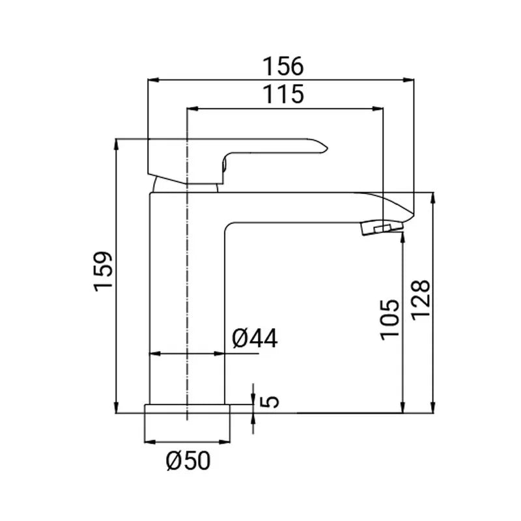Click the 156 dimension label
[x=283, y=66]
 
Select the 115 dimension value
[x=283, y=94]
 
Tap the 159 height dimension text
[x=104, y=272]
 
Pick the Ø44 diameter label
[x=255, y=338]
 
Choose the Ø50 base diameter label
[x=188, y=460]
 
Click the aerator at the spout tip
[x=382, y=229]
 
